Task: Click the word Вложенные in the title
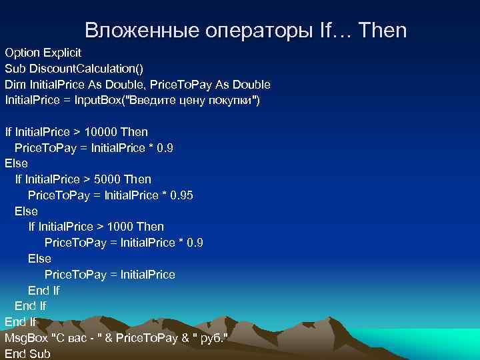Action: click(134, 30)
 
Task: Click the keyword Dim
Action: click(14, 84)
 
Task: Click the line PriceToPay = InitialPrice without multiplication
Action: click(109, 275)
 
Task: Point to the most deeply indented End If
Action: click(43, 291)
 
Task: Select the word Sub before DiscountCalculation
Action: click(14, 68)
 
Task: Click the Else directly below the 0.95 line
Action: click(26, 211)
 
